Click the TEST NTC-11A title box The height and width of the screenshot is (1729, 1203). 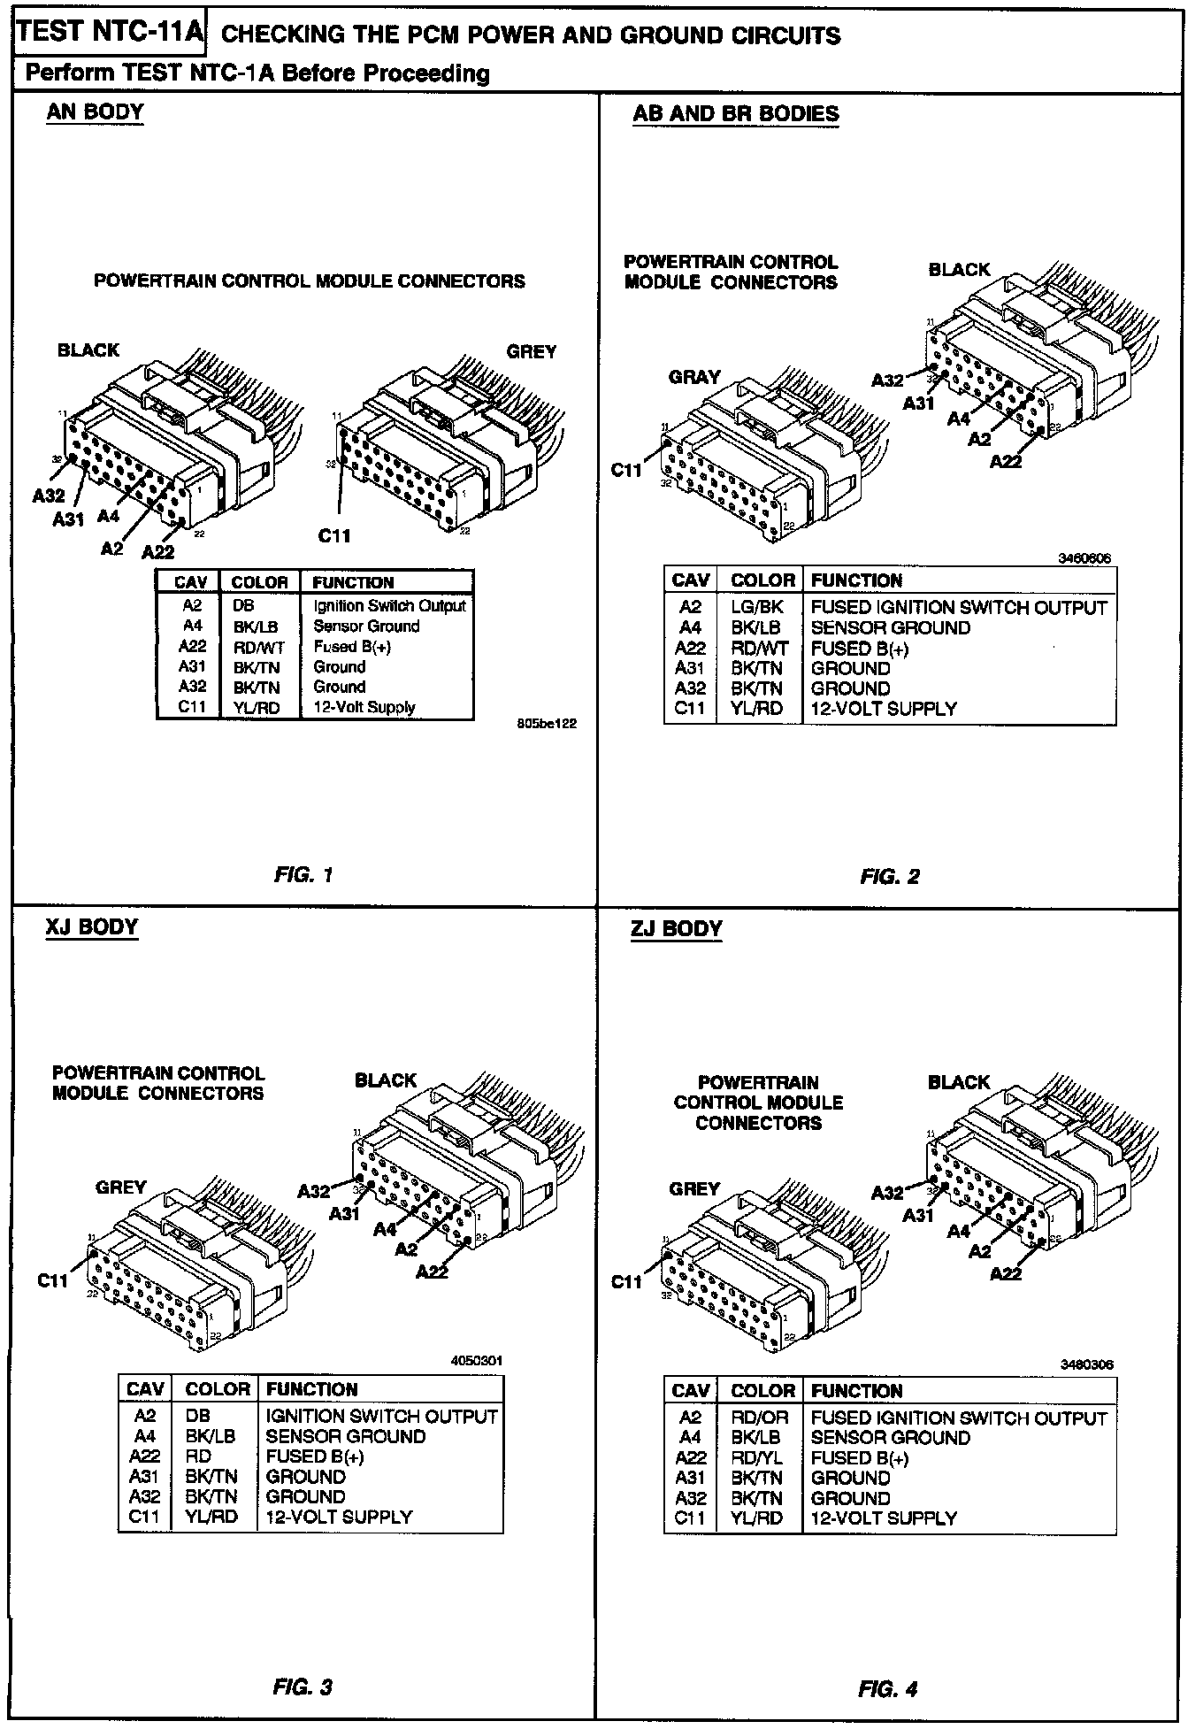pos(111,34)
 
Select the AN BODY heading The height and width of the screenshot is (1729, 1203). pos(95,112)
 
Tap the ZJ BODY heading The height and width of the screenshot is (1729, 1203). pos(677,928)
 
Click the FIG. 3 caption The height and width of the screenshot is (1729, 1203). pos(303,1687)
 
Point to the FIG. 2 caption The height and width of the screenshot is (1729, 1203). pos(889,876)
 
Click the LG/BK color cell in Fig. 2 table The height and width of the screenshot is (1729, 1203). pos(757,608)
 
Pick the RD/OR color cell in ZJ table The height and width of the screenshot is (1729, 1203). pos(759,1418)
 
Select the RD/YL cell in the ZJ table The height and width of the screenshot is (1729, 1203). pos(757,1458)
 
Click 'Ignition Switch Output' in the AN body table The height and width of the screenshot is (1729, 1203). pos(389,606)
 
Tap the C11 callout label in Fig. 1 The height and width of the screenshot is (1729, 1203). pos(335,534)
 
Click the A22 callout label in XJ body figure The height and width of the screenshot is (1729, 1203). pos(432,1272)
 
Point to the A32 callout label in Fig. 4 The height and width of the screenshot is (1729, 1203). pos(887,1192)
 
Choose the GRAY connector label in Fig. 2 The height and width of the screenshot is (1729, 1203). pos(694,377)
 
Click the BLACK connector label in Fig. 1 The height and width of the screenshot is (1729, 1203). pos(88,350)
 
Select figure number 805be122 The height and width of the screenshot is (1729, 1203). pos(547,723)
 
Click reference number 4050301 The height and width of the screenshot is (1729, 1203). pos(476,1360)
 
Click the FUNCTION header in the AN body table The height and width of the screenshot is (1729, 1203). pos(353,582)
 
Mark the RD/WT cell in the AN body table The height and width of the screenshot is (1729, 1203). pos(258,647)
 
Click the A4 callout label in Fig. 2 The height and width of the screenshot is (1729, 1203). pos(959,419)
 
